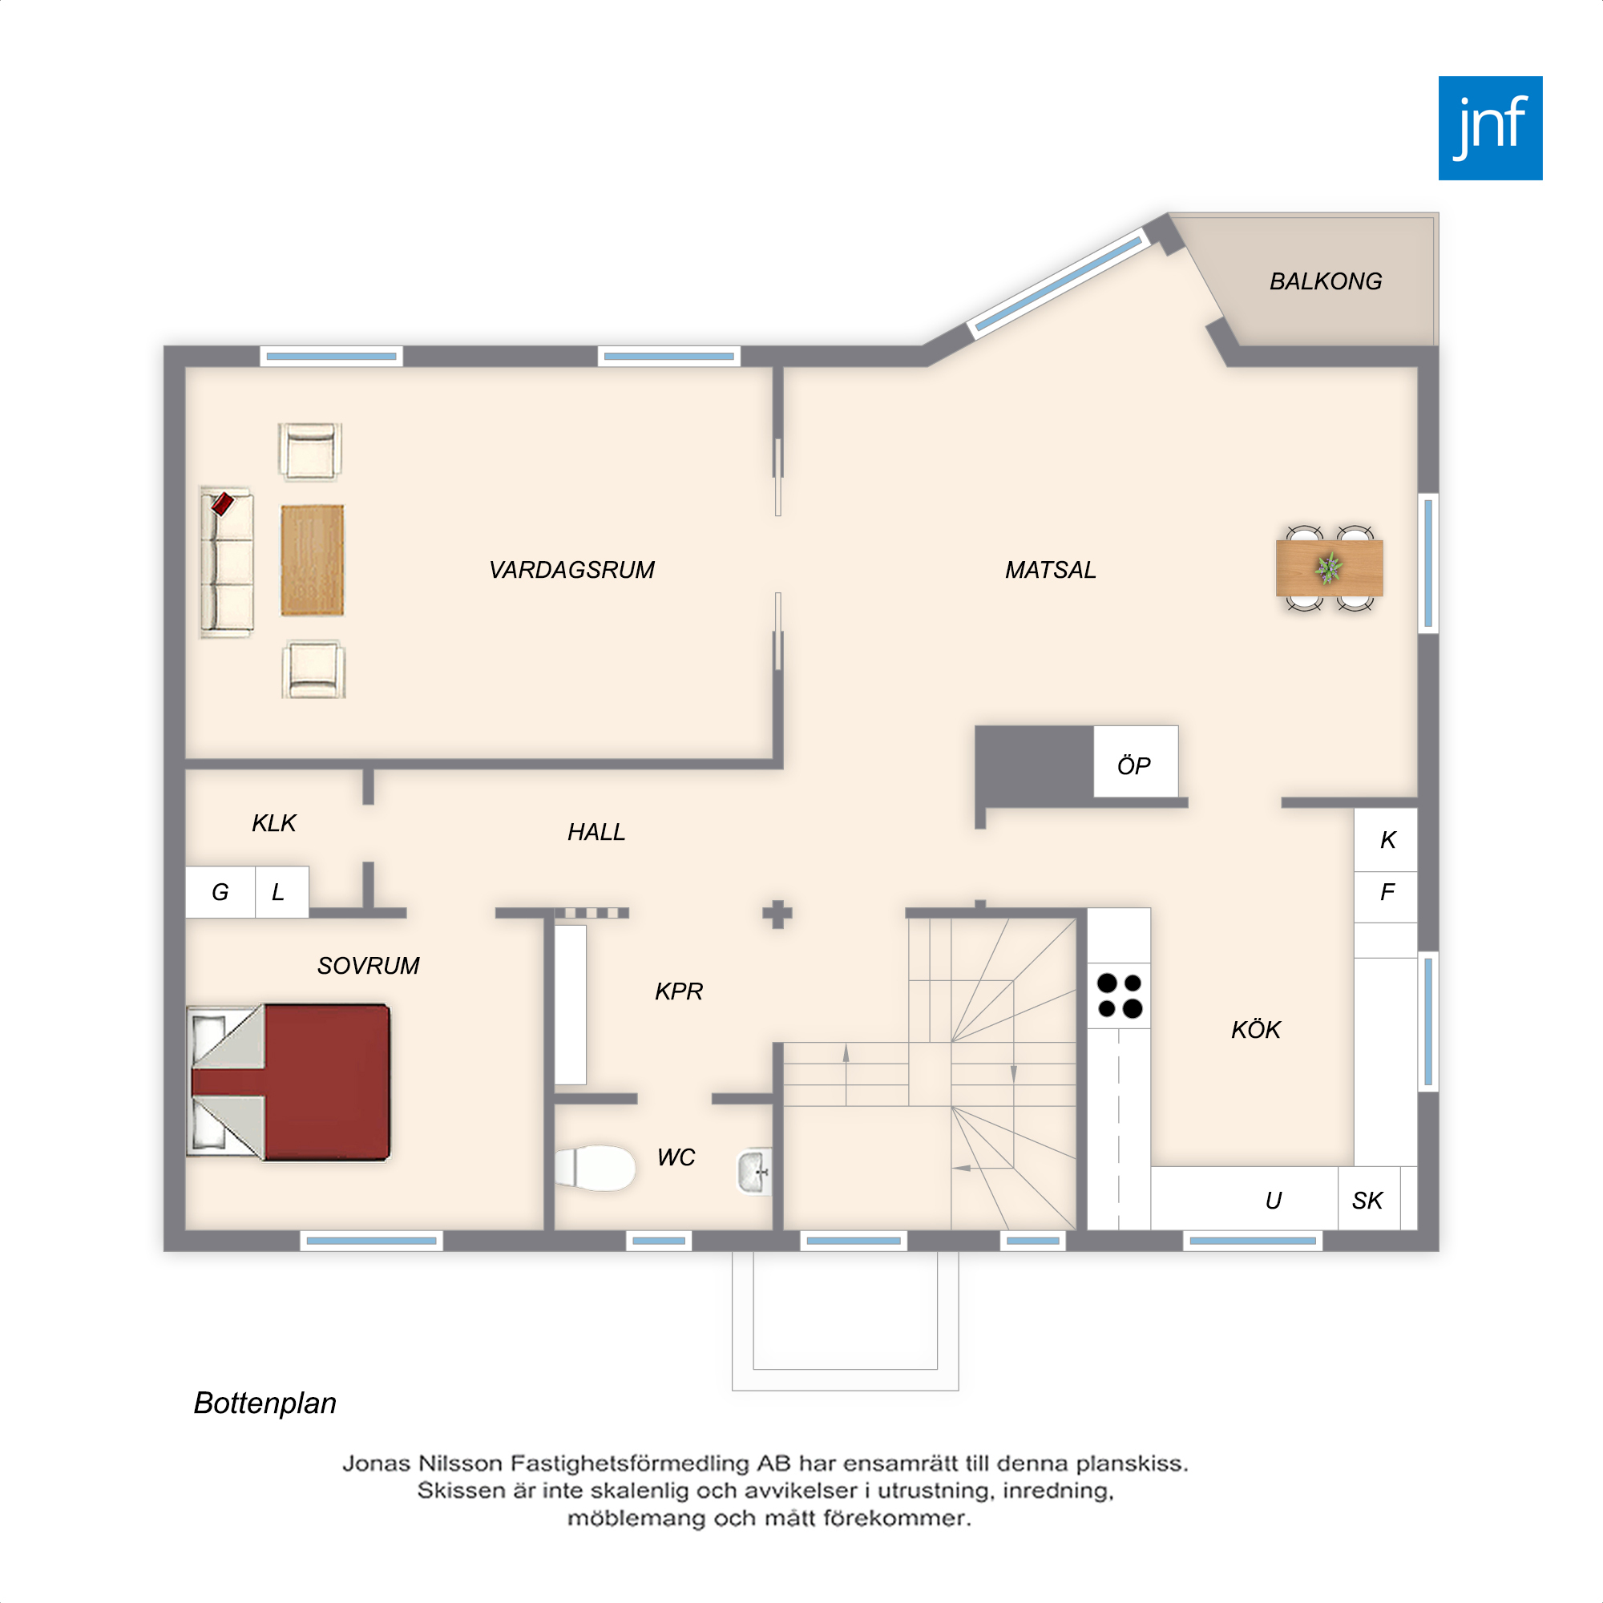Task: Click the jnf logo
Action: pos(1490,127)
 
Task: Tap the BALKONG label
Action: pos(1325,281)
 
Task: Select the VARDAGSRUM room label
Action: pos(571,570)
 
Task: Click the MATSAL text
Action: pos(1051,570)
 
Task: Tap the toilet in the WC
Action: pos(595,1169)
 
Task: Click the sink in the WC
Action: pos(754,1172)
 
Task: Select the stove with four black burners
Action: pos(1119,995)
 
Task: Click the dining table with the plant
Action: pos(1329,568)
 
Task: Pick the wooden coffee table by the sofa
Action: pos(312,560)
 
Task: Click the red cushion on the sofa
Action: pos(222,503)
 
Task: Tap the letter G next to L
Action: pos(220,892)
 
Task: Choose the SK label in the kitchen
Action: pos(1367,1201)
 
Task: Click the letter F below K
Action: pos(1387,892)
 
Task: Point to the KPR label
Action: pos(679,991)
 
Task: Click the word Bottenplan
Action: pos(264,1403)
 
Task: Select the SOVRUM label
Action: pos(369,966)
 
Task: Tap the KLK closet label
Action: pos(274,823)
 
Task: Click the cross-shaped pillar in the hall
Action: pos(777,915)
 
